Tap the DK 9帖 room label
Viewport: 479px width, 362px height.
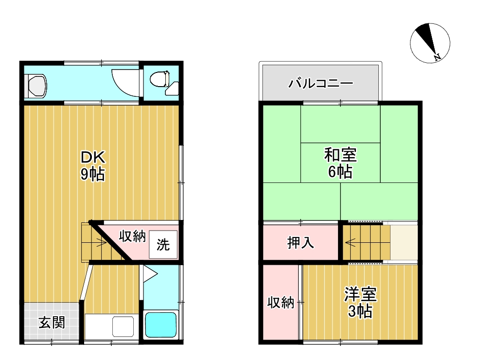[93, 166]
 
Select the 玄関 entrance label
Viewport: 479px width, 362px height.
[52, 322]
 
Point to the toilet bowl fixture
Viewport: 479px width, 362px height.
[160, 78]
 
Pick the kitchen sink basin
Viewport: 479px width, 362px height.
[123, 326]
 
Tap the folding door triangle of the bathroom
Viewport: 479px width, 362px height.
[149, 274]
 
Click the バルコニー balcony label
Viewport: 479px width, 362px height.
[320, 83]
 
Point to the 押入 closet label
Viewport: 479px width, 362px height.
[301, 242]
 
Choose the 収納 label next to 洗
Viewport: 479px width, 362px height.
[132, 236]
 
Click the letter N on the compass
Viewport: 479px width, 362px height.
[437, 57]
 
